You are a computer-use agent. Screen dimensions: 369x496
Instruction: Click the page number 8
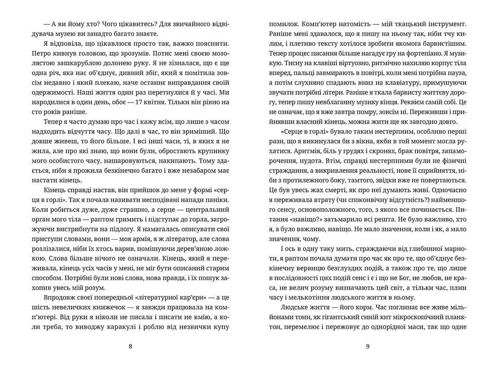[131, 346]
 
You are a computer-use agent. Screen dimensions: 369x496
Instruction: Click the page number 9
[367, 346]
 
